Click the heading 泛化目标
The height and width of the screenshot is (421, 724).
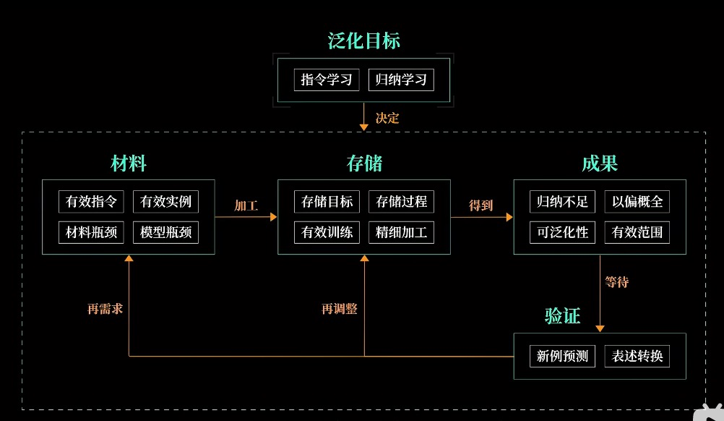pos(363,41)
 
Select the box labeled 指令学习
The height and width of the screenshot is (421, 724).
pos(327,80)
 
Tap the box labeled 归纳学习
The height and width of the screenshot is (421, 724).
pos(401,80)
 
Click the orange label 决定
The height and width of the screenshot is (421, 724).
pos(387,118)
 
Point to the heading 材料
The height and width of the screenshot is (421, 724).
pos(129,163)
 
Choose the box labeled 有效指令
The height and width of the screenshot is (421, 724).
pos(91,202)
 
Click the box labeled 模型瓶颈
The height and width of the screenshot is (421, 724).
pos(165,232)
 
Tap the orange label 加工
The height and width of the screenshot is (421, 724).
pos(246,205)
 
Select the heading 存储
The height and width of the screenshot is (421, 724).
pos(364,163)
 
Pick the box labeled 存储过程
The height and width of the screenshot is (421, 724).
pos(401,202)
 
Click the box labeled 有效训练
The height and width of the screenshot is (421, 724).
pos(327,232)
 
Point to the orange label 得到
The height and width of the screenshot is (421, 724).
pos(480,205)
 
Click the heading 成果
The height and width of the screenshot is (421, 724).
pos(600,163)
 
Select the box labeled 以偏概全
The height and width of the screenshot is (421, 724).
pos(637,202)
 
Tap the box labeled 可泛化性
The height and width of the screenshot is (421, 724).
pos(562,232)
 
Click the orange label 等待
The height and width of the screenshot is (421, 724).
pos(616,282)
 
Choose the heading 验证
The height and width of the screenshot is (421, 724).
pos(562,316)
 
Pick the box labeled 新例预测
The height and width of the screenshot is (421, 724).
pos(562,356)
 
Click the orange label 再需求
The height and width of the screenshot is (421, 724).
pos(104,309)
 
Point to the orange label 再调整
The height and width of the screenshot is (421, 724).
pos(340,309)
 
